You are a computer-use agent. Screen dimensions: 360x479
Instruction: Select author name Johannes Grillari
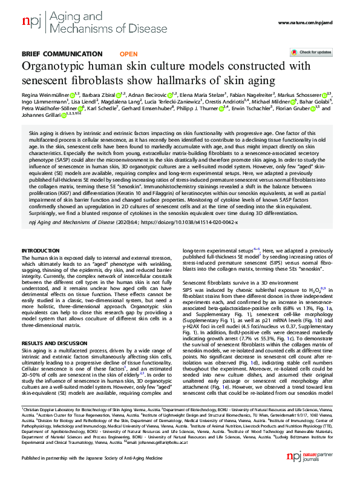pyautogui.click(x=40, y=117)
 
